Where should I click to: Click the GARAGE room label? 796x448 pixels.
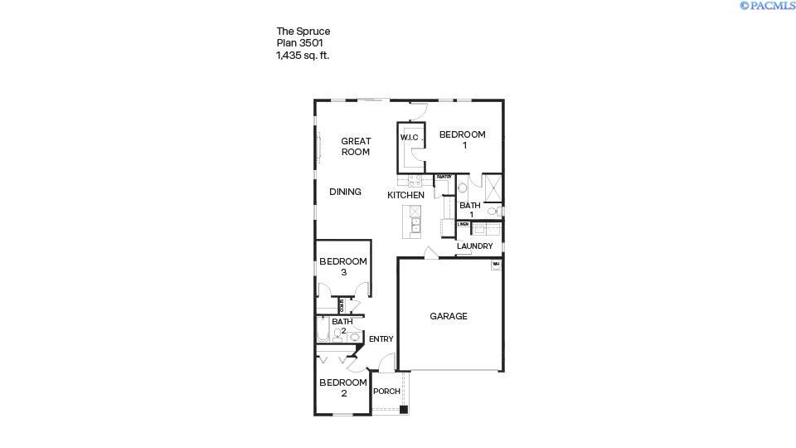[x=448, y=316]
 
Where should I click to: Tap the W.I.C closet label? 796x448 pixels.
[x=410, y=138]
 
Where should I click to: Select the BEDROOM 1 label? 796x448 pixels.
[x=462, y=139]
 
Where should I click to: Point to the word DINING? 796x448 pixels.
[x=345, y=192]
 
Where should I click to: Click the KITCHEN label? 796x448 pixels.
[x=406, y=195]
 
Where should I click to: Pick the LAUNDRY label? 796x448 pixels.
[x=474, y=246]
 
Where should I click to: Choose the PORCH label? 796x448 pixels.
[x=386, y=392]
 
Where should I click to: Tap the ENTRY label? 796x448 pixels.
[x=381, y=338]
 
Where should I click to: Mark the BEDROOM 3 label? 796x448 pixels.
[x=342, y=266]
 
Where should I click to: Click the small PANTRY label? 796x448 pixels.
[x=444, y=177]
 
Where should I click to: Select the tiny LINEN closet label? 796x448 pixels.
[x=463, y=224]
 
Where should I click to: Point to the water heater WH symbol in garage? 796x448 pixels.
[x=496, y=265]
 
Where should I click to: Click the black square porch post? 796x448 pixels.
[x=403, y=409]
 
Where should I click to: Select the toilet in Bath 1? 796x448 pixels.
[x=493, y=212]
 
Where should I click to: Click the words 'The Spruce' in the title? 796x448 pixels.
[x=303, y=32]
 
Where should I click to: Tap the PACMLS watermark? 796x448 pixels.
[x=768, y=6]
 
